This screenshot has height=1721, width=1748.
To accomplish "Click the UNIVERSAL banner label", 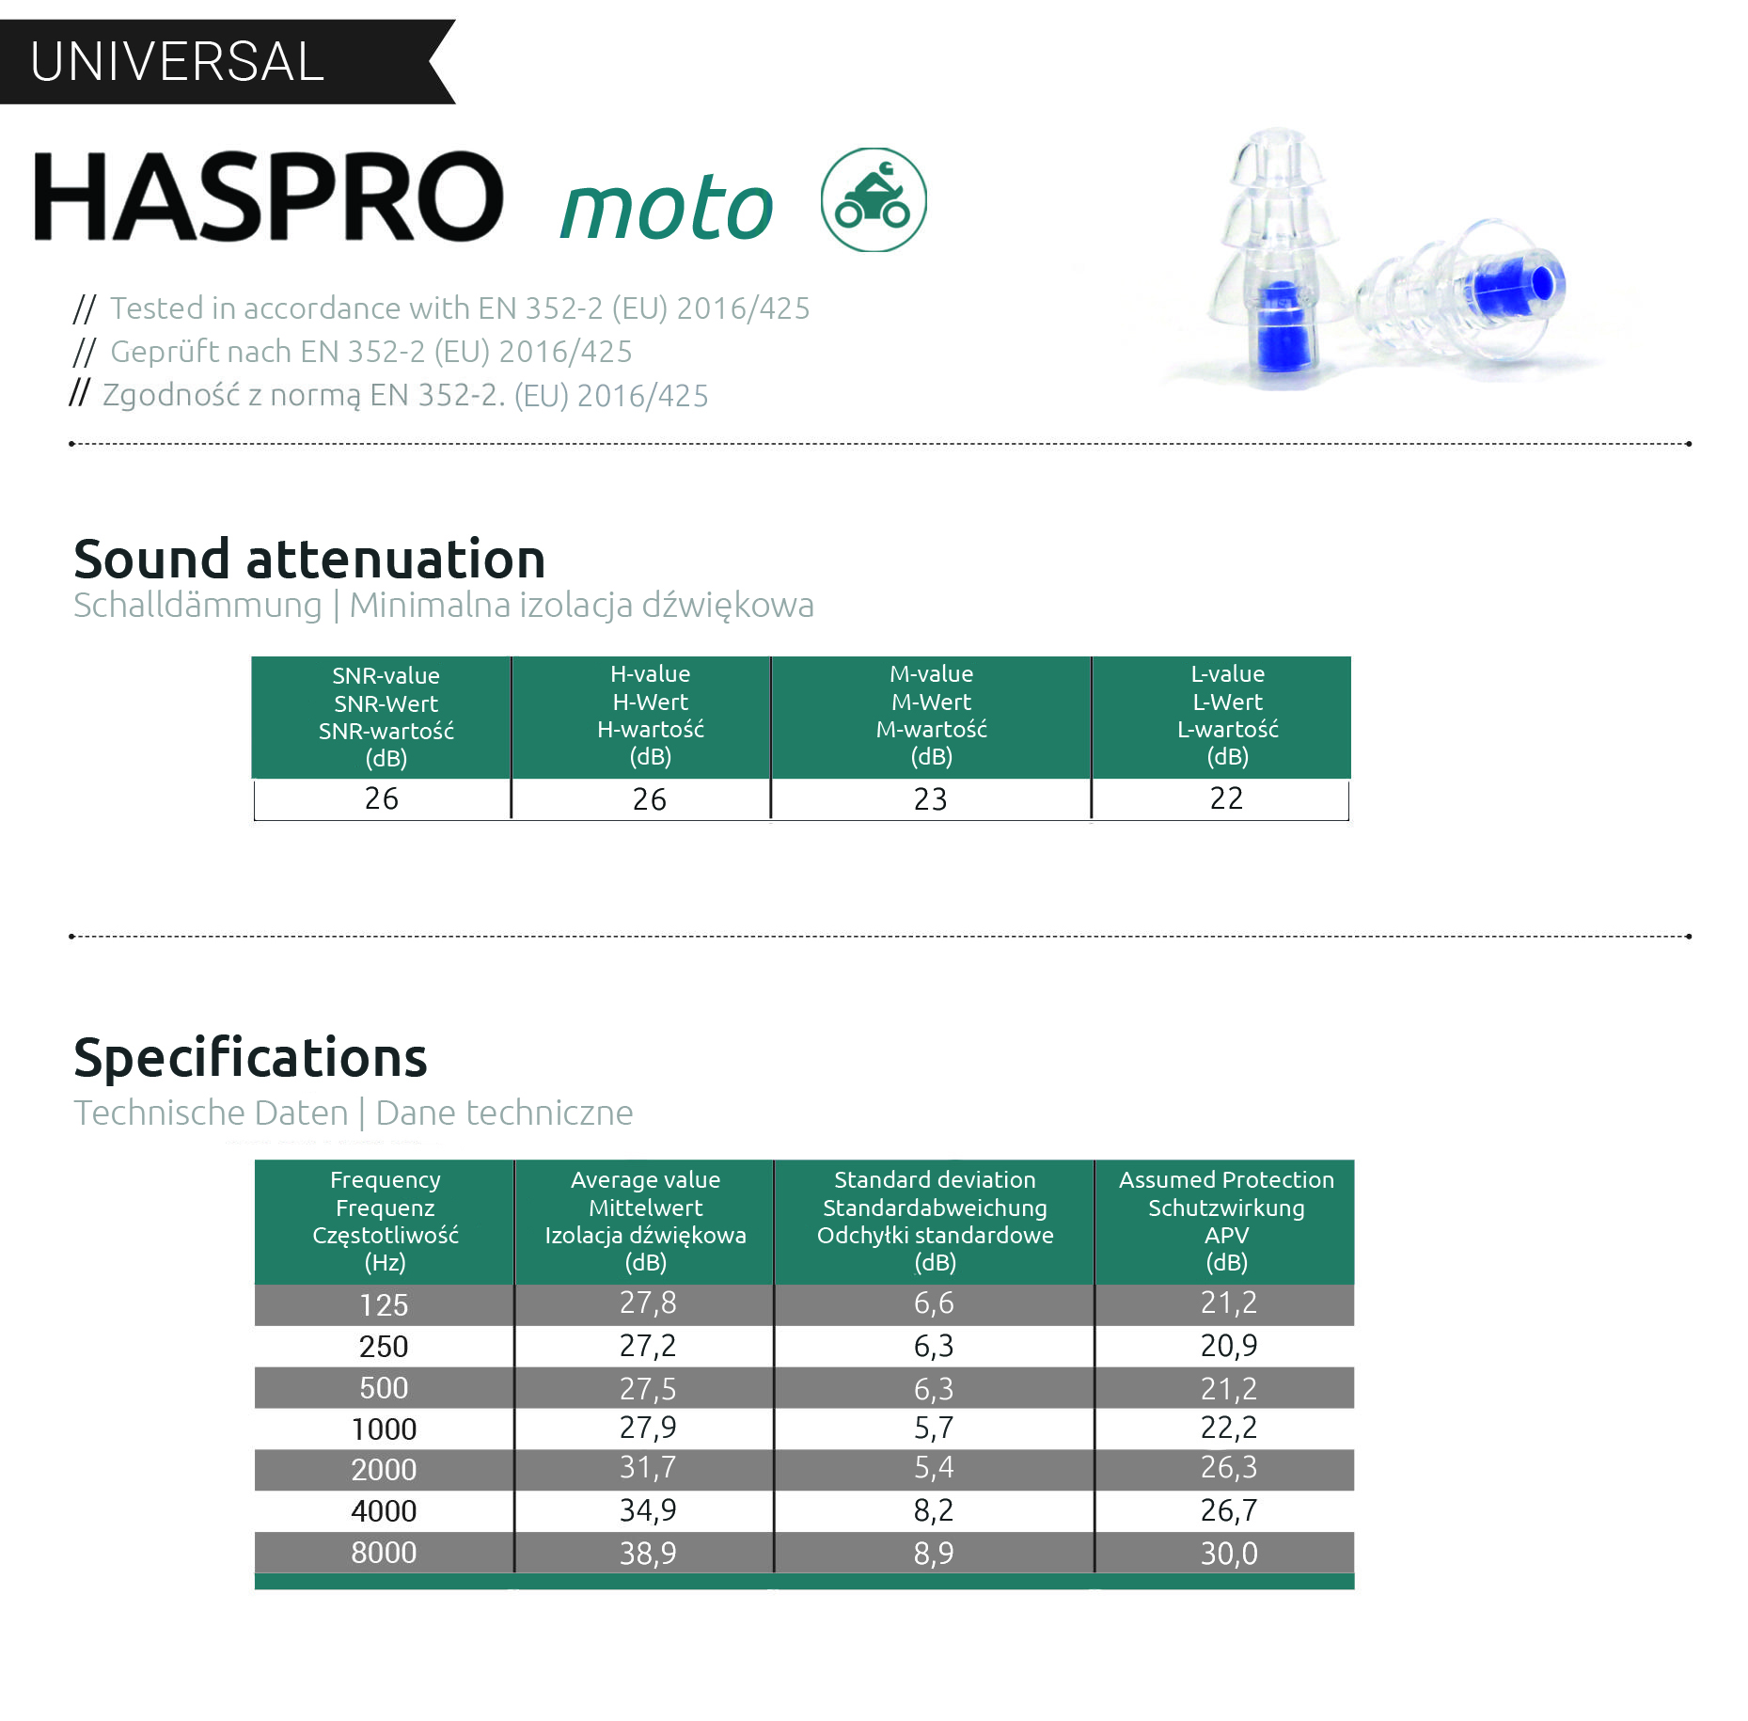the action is [177, 62].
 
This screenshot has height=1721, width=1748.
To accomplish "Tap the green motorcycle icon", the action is [874, 199].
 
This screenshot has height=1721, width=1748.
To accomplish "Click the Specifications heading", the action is [250, 1058].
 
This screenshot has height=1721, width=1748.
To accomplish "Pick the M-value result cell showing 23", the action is [931, 799].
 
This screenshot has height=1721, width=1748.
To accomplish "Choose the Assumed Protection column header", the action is [1225, 1222].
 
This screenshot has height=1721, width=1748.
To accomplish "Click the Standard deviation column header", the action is [935, 1222].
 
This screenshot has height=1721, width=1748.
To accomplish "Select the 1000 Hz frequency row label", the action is [384, 1429].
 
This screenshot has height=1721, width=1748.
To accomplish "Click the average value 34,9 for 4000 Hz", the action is [648, 1510].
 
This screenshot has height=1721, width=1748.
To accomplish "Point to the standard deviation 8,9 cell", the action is [934, 1553].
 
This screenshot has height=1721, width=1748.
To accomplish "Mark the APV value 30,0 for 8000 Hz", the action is [1229, 1553].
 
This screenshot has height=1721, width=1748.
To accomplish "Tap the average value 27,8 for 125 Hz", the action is [648, 1303].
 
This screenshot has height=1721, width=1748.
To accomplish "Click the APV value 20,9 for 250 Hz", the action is [1229, 1346].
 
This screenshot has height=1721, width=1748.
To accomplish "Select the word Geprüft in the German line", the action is [165, 352].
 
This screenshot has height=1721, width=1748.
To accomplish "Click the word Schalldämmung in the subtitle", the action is [197, 605].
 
